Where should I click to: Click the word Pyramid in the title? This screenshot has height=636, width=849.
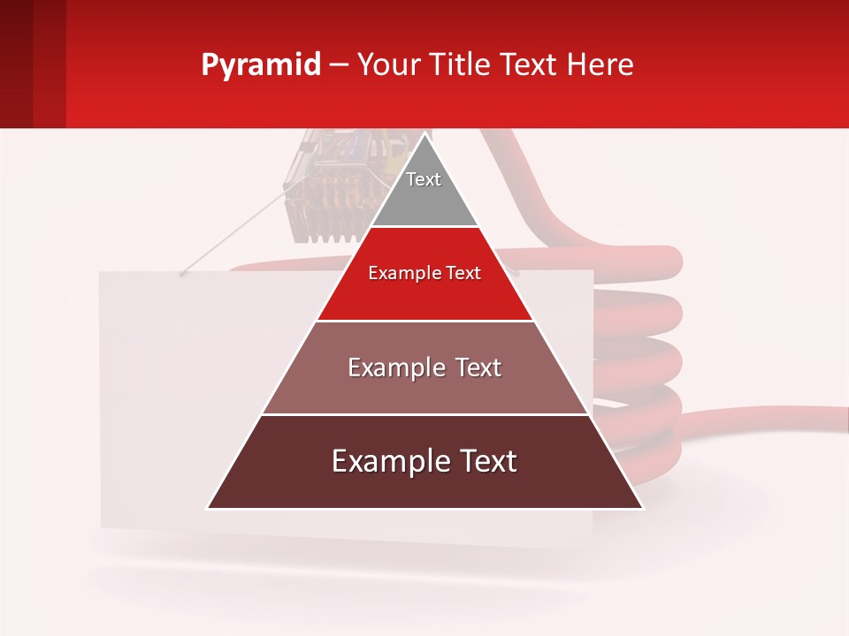pyautogui.click(x=260, y=65)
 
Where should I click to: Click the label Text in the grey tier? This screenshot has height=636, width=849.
pyautogui.click(x=424, y=179)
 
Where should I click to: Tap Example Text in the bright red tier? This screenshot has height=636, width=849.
pyautogui.click(x=424, y=273)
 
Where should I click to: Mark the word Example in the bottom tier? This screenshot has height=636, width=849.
pyautogui.click(x=386, y=461)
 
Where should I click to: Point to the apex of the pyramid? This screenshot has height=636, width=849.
pyautogui.click(x=425, y=134)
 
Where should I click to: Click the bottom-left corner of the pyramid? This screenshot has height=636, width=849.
pyautogui.click(x=209, y=507)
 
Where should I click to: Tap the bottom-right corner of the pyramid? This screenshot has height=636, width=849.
pyautogui.click(x=641, y=507)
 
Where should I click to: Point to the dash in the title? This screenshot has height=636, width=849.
pyautogui.click(x=338, y=65)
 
